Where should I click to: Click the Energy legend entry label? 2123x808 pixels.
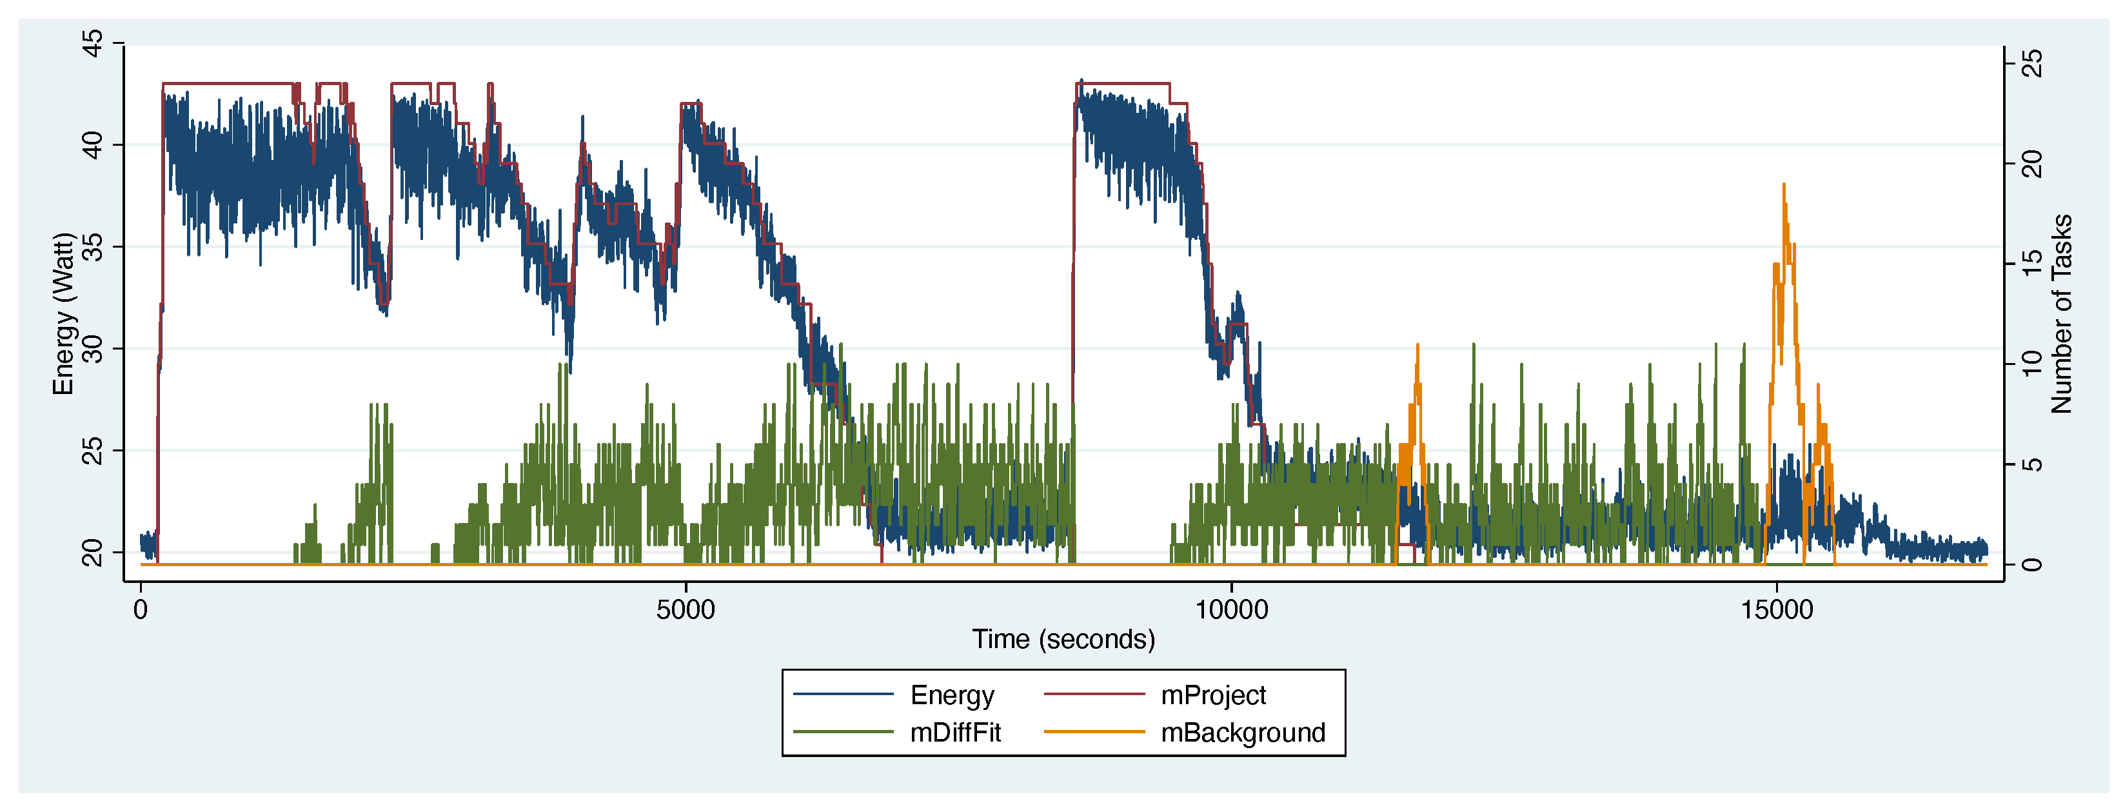[x=952, y=696]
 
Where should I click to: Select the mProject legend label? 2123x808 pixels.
[x=1213, y=696]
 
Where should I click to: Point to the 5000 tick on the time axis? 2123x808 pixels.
[x=686, y=610]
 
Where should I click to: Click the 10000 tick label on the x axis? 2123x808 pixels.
[x=1231, y=610]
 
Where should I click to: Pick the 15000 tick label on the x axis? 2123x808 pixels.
[x=1777, y=610]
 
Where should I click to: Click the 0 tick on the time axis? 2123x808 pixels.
[x=141, y=610]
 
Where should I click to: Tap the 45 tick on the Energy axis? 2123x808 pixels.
[x=93, y=43]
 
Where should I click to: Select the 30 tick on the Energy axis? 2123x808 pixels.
[x=93, y=349]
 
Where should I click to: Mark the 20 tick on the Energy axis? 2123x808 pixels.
[x=93, y=553]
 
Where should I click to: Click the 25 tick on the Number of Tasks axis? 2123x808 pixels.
[x=2034, y=63]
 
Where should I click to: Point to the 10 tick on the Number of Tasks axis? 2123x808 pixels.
[x=2034, y=364]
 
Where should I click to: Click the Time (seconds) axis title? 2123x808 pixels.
[x=1063, y=640]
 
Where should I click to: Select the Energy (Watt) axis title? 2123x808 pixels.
[x=63, y=313]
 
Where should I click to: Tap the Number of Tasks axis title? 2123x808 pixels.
[x=2061, y=313]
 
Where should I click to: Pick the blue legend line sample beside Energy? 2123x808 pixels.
[x=843, y=696]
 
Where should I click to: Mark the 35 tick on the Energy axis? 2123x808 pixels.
[x=93, y=246]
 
